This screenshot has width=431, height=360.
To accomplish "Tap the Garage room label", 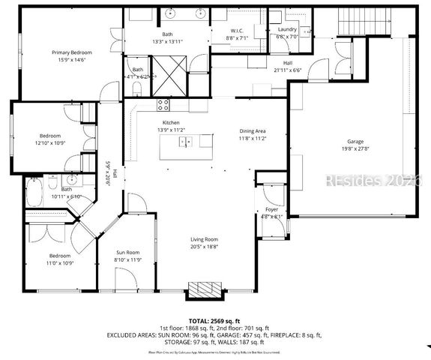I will [x=355, y=141].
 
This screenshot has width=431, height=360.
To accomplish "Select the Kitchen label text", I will [x=171, y=122].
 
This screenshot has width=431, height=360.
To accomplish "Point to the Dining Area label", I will [x=253, y=131].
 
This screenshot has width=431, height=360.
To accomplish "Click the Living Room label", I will [x=203, y=239].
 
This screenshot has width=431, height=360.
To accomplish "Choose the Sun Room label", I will [x=127, y=253].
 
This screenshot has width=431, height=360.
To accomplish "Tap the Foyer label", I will [x=271, y=210].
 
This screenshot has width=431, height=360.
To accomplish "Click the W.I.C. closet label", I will [x=238, y=31].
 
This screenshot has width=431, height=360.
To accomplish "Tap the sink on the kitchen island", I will [x=186, y=140].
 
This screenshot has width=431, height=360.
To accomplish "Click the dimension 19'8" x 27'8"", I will [x=355, y=149].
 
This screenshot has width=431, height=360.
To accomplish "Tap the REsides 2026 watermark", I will [x=382, y=181].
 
